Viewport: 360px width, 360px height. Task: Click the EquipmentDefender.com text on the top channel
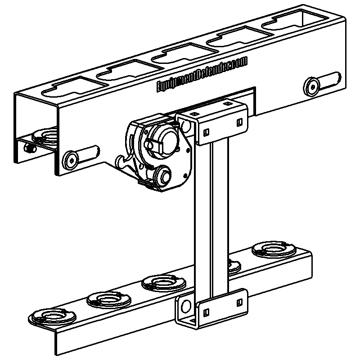(202, 75)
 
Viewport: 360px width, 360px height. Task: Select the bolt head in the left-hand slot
(71, 158)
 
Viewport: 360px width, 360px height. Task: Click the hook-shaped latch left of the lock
(123, 160)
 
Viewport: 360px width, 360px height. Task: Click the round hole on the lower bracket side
(184, 307)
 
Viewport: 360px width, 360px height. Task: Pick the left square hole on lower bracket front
(206, 312)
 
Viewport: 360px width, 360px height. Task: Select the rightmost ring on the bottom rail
(271, 249)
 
